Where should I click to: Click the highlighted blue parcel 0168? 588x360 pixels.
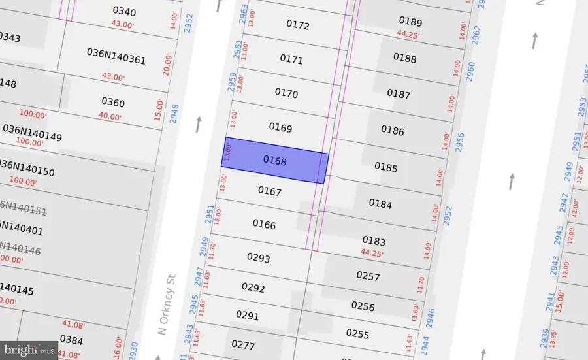(275, 160)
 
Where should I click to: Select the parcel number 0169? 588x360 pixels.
(280, 128)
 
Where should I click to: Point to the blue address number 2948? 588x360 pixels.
(174, 114)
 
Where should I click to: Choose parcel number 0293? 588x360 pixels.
(258, 257)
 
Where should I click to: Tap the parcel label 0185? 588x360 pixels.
(385, 167)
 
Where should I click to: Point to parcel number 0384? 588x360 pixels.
(71, 339)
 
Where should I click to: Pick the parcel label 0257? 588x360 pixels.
(368, 276)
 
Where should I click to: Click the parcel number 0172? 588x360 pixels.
(297, 25)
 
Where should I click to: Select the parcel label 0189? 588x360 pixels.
(410, 22)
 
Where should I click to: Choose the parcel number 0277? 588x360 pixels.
(242, 344)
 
